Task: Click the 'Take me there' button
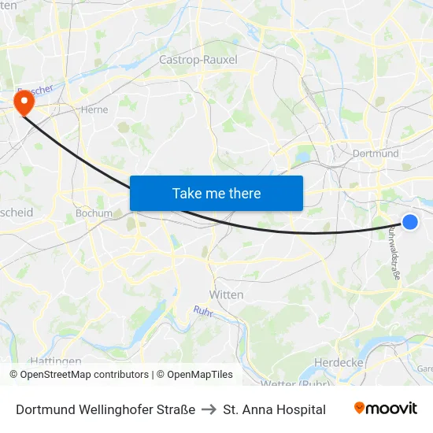coord(216,193)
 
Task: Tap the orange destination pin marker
coord(24,102)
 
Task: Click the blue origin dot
coord(410,221)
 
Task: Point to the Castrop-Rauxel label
coord(198,59)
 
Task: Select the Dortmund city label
coord(376,154)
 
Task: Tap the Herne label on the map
coord(94,110)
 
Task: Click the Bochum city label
coord(94,213)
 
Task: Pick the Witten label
coord(226,294)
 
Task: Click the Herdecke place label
coord(338,361)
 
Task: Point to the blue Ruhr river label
coord(204,312)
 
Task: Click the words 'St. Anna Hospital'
coord(274,409)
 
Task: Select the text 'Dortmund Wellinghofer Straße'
coord(105,409)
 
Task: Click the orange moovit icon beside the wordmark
coord(360,408)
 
